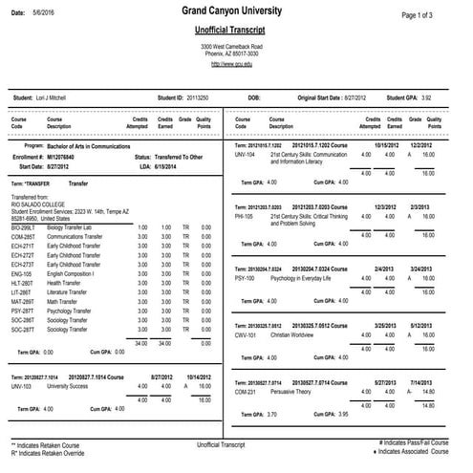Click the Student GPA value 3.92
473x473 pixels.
[x=433, y=97]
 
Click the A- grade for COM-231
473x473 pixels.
[x=409, y=391]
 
